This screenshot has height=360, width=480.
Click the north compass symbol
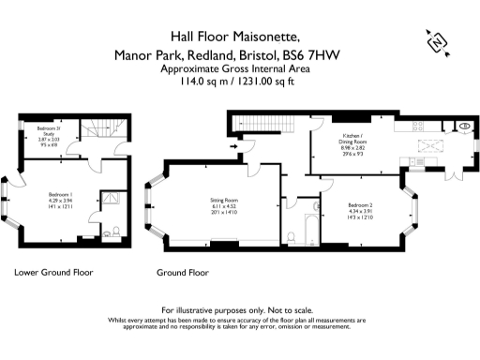pos(435,41)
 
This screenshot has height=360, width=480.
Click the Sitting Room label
pos(224,199)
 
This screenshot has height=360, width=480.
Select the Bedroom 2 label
pos(361,204)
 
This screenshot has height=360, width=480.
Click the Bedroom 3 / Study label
pos(48,131)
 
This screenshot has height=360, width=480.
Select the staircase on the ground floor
pos(265,122)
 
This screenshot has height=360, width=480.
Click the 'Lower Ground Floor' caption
pos(53,273)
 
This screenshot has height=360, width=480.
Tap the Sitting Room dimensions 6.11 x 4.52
pos(224,206)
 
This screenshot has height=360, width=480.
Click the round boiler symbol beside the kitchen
pos(465,127)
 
